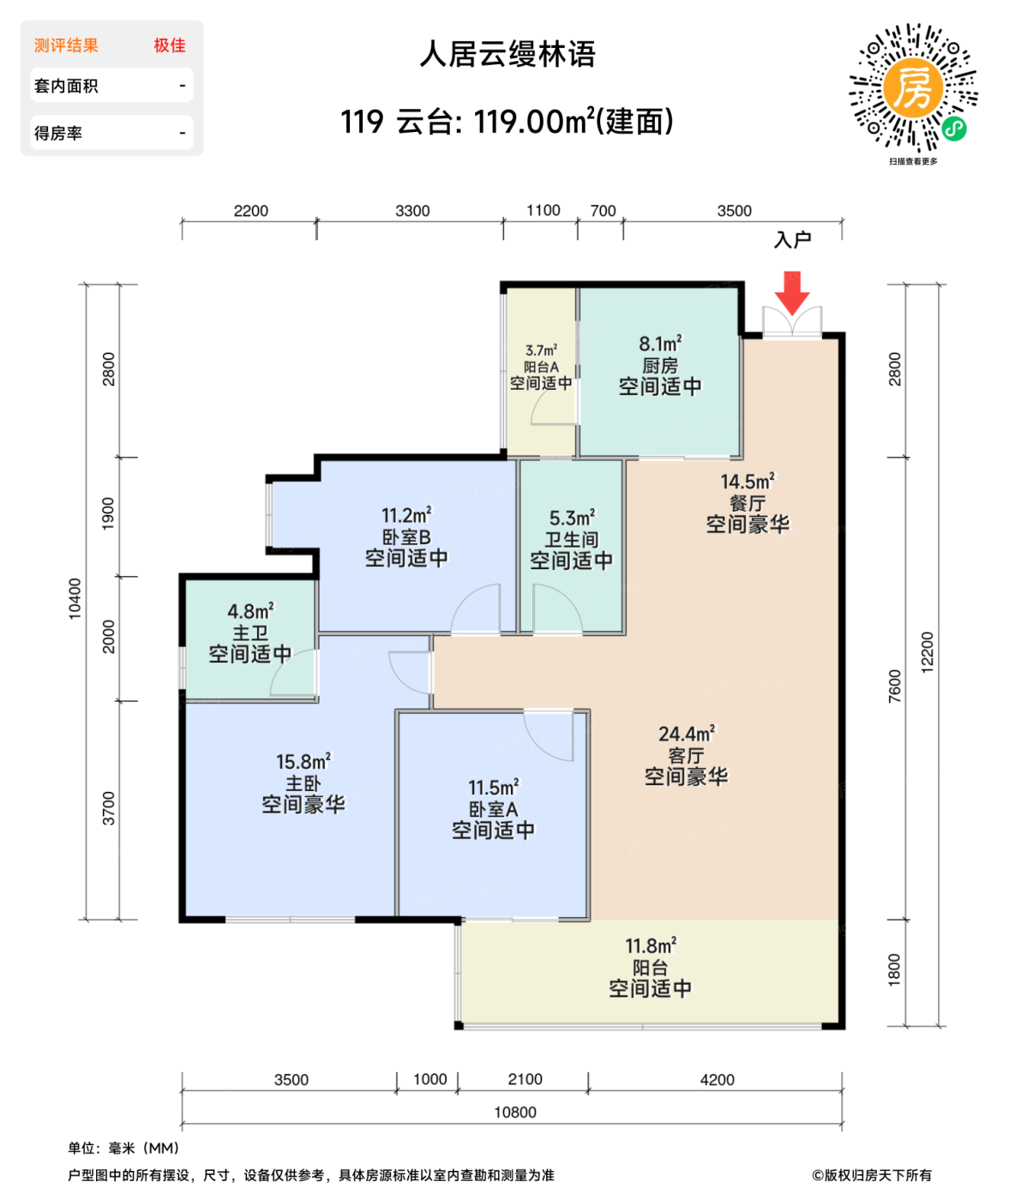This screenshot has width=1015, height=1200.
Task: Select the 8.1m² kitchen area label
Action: [660, 365]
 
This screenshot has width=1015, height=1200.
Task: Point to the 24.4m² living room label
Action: [686, 755]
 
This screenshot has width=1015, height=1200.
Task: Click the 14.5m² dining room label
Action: [748, 503]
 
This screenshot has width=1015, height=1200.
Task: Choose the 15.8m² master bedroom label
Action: [303, 783]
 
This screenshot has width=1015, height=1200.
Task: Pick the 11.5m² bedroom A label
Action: [493, 809]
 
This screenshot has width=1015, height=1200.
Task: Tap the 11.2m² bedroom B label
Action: [406, 537]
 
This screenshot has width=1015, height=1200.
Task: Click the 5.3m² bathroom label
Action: [572, 539]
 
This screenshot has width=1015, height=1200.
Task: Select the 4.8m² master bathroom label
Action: [250, 633]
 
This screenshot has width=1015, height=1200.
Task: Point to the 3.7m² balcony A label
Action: [541, 367]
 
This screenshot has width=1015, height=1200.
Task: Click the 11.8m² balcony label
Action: [651, 968]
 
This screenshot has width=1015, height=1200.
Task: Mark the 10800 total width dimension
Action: [515, 1113]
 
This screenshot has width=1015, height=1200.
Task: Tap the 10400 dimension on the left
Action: [75, 598]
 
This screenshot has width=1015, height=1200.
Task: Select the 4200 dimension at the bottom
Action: [717, 1080]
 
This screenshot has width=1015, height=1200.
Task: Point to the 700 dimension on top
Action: [603, 211]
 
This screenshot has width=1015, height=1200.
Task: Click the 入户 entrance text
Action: [792, 240]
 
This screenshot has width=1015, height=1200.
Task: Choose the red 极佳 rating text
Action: [170, 45]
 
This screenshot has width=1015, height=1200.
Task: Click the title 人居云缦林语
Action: [507, 55]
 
